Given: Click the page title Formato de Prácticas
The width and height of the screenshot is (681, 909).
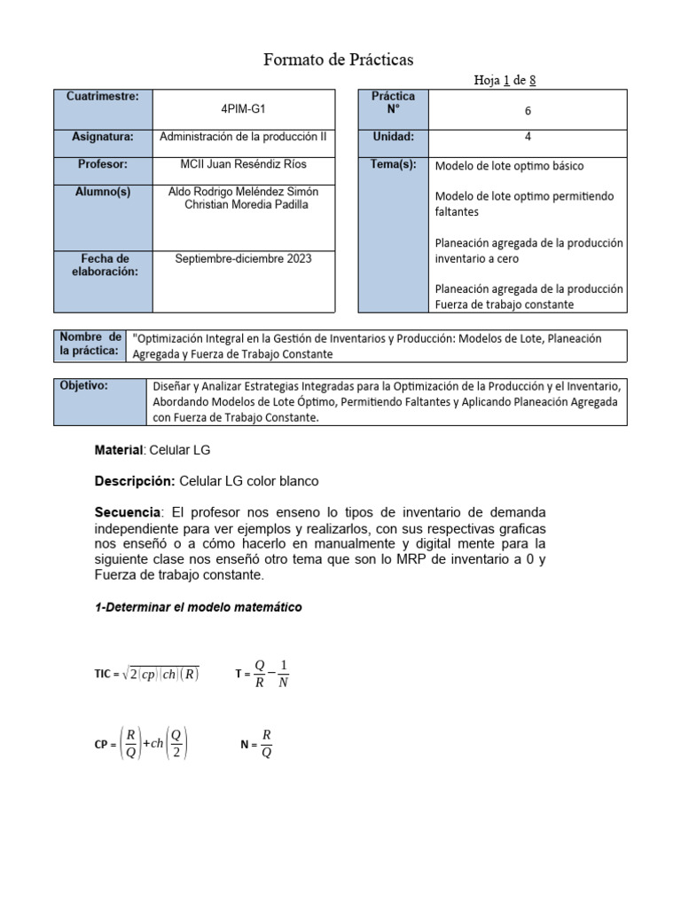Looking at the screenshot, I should pyautogui.click(x=339, y=59).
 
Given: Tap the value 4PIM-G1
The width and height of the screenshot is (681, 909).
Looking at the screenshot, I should pyautogui.click(x=243, y=109).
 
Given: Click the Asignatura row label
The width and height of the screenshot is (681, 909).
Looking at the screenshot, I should pyautogui.click(x=103, y=138).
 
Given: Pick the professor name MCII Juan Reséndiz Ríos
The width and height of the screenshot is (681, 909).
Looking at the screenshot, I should pyautogui.click(x=243, y=164).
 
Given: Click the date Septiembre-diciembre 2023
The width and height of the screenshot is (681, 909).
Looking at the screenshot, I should pyautogui.click(x=243, y=258).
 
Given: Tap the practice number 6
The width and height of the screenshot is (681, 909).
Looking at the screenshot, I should pyautogui.click(x=528, y=111).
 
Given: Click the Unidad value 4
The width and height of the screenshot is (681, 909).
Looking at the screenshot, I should pyautogui.click(x=528, y=137).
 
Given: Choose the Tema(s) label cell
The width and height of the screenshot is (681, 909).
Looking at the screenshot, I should pyautogui.click(x=393, y=165).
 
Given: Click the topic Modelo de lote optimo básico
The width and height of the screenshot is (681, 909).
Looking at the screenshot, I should pyautogui.click(x=509, y=166).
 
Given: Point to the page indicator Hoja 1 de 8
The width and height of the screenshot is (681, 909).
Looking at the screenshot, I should pyautogui.click(x=505, y=81).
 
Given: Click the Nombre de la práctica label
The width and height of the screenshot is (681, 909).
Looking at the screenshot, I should pyautogui.click(x=90, y=344).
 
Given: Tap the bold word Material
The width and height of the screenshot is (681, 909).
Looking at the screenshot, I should pyautogui.click(x=118, y=451).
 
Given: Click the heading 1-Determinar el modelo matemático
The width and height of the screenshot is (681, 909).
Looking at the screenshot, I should pyautogui.click(x=198, y=608).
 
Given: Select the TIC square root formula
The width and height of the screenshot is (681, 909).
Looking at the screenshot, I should pyautogui.click(x=147, y=674).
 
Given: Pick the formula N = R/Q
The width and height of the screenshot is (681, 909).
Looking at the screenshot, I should pyautogui.click(x=256, y=745).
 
